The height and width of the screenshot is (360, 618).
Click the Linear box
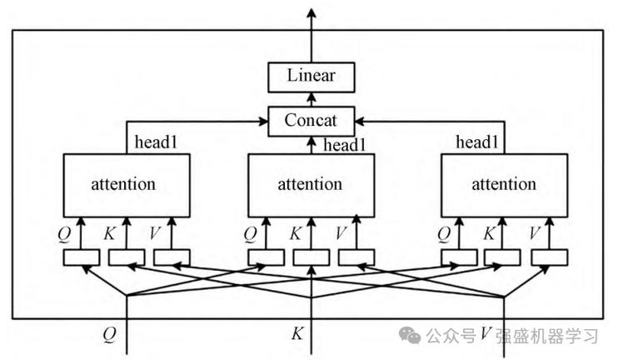pos(311,76)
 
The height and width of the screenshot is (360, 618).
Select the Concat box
pos(311,121)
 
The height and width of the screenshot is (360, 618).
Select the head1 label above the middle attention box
pos(345,146)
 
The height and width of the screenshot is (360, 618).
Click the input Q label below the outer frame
pos(110,334)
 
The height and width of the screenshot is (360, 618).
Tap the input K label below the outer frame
pos(297,334)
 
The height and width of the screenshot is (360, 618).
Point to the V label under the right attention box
pos(535,233)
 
